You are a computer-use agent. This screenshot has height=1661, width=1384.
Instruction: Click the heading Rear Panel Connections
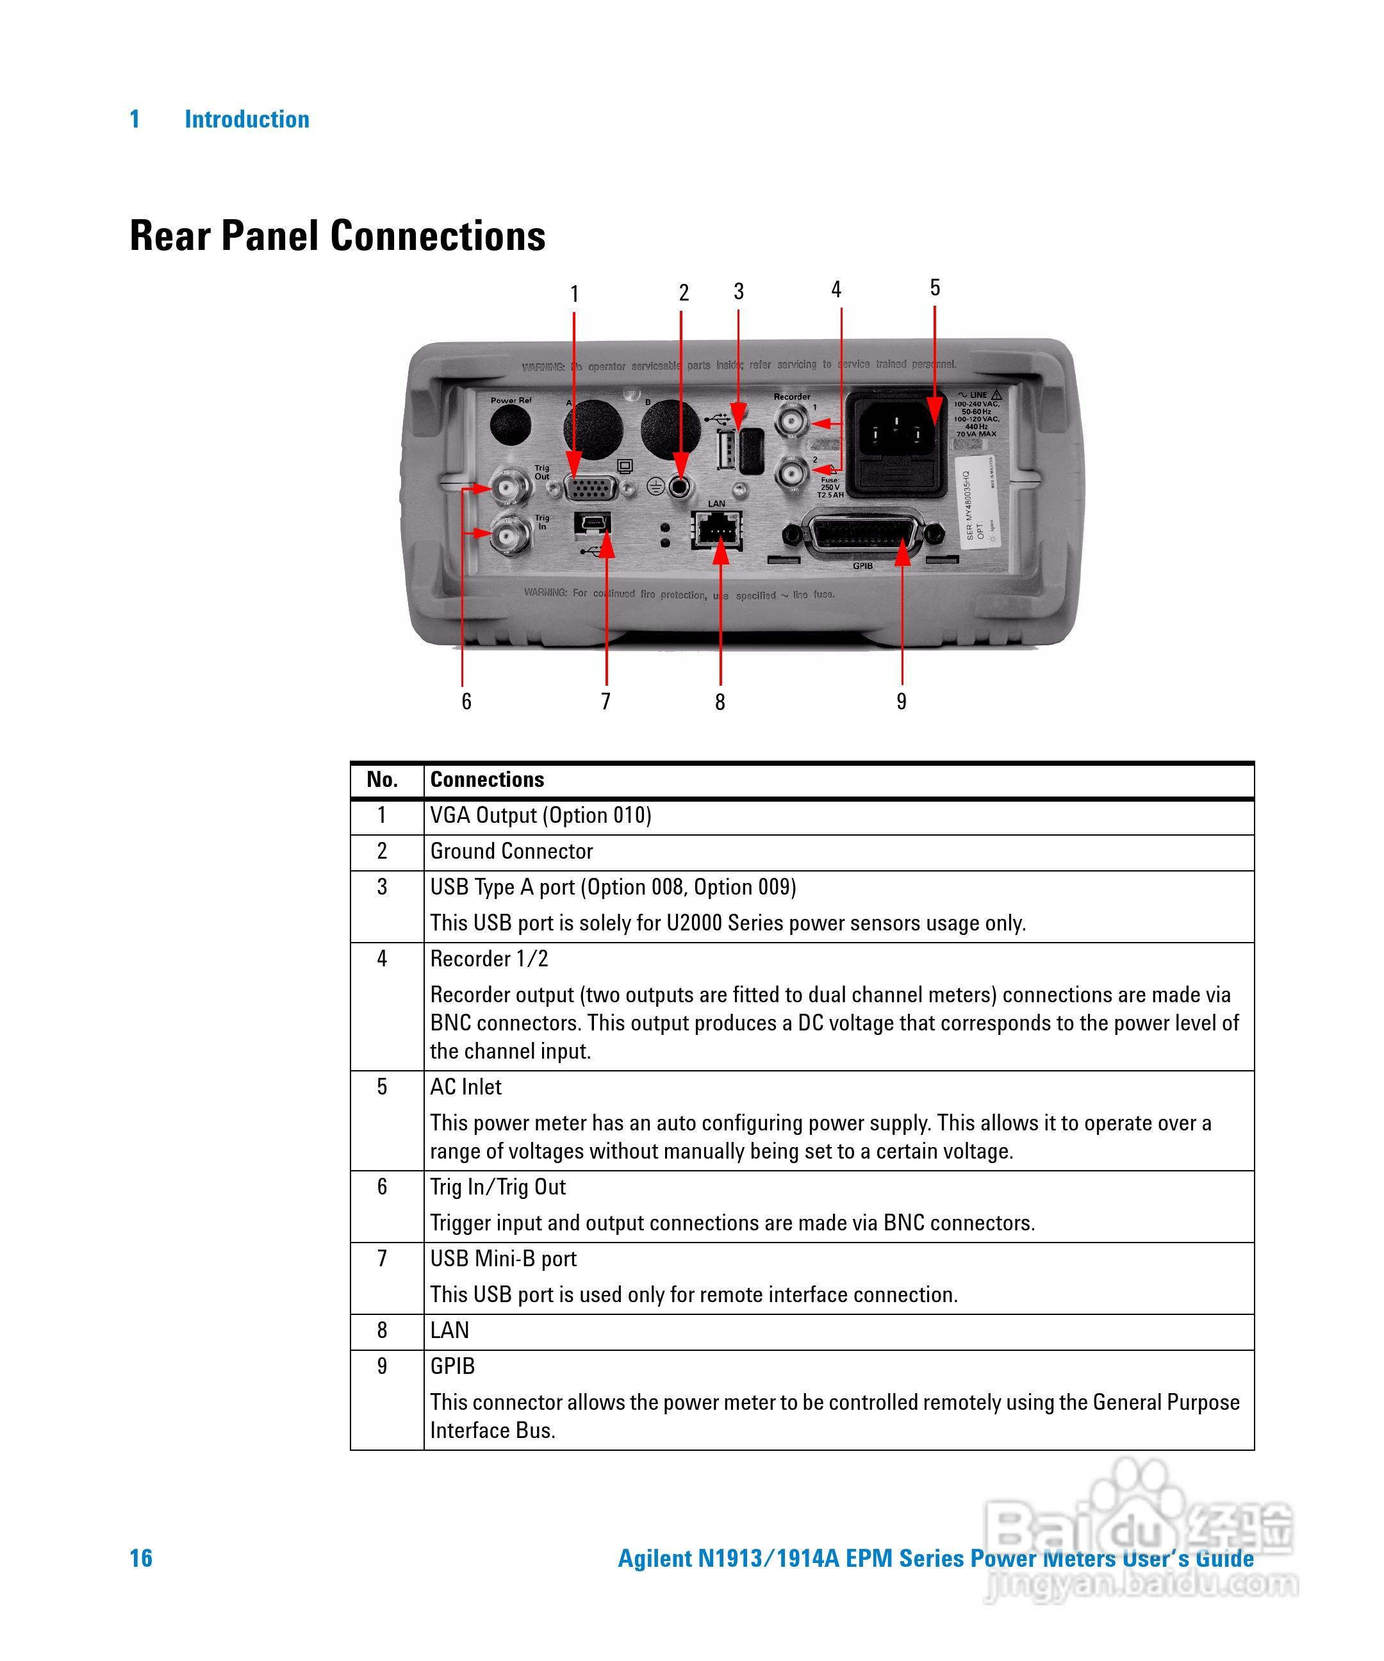coord(337,236)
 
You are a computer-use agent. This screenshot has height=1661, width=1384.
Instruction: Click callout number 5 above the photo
coord(934,287)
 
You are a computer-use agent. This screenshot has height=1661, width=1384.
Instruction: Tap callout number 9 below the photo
coord(901,701)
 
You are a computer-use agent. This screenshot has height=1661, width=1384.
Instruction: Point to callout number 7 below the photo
coord(605,701)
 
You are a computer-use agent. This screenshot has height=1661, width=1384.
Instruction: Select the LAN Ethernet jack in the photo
coord(716,529)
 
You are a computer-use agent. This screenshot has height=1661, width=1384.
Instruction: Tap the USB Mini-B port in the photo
coord(592,523)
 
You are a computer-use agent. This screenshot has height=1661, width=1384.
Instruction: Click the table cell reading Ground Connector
coord(511,851)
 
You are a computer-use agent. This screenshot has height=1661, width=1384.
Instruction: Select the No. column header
coord(382,779)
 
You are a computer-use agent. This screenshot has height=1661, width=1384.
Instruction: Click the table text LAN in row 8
coord(449,1330)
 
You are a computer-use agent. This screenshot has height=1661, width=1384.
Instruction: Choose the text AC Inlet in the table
coord(465,1087)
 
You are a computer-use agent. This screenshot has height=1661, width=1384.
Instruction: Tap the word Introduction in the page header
coord(247,119)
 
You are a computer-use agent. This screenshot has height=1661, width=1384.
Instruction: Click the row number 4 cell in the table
coord(382,959)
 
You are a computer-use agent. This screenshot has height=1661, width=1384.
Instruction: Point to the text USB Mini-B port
coord(503,1259)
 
